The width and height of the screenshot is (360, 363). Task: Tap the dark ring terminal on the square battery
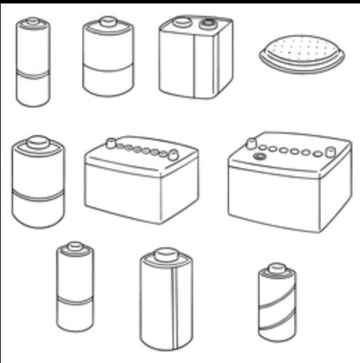[x=206, y=24]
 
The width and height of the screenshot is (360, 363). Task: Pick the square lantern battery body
[x=195, y=62]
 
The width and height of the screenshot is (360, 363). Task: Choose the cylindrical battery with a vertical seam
[x=166, y=301]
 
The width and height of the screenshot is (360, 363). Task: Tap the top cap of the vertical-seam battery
[x=166, y=254]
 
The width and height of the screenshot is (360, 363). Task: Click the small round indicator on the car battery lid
[x=260, y=157]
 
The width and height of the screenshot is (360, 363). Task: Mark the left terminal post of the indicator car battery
[x=251, y=143]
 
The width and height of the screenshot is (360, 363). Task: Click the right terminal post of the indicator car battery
[x=330, y=151]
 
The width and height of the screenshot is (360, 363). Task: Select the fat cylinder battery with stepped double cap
[x=38, y=187]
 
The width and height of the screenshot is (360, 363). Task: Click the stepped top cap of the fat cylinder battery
[x=38, y=143]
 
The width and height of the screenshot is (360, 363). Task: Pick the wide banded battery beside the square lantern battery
[x=107, y=59]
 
